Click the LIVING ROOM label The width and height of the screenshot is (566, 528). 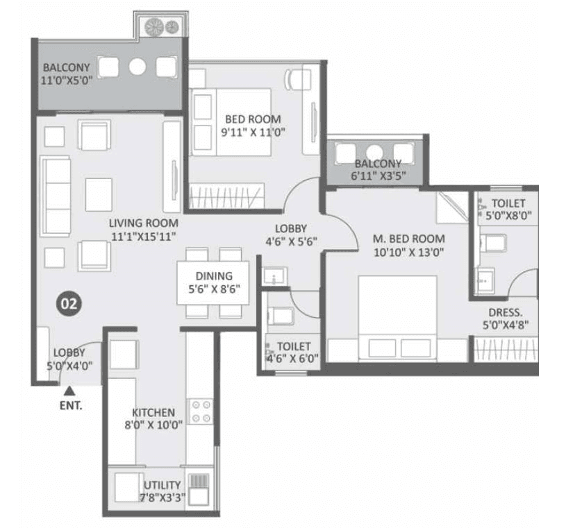click(143, 223)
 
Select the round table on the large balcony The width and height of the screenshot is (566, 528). click(138, 67)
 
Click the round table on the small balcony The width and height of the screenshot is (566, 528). click(376, 153)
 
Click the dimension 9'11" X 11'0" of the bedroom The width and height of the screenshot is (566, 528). click(254, 131)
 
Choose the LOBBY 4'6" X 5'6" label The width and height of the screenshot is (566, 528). click(291, 235)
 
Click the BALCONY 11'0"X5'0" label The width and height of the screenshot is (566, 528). click(67, 74)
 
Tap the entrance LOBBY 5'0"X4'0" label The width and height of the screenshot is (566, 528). click(69, 359)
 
